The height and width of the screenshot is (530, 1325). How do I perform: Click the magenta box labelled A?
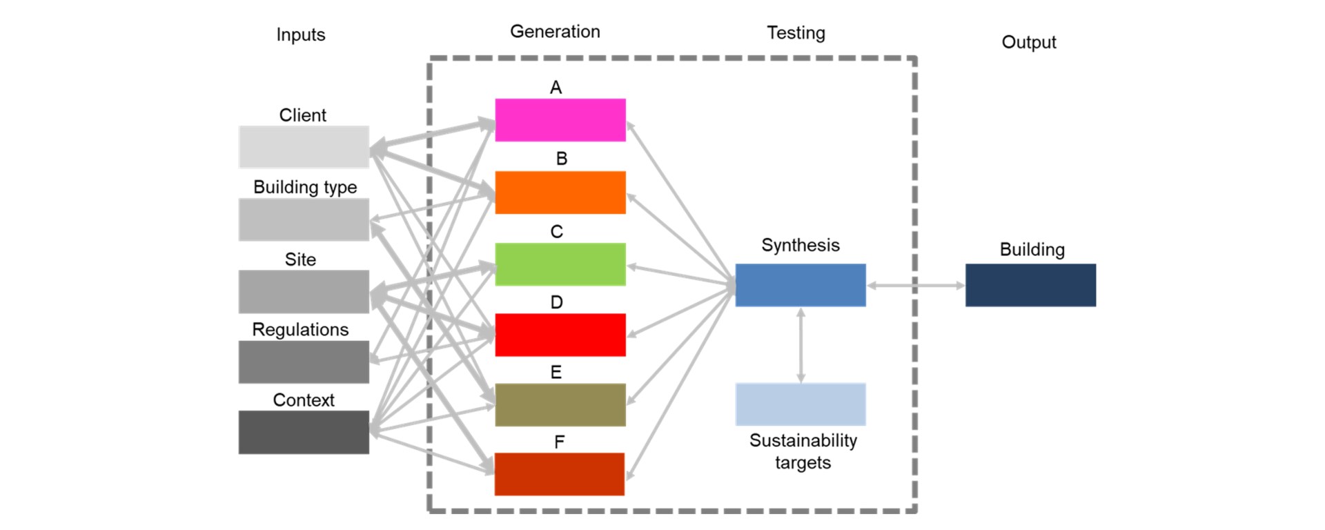(560, 120)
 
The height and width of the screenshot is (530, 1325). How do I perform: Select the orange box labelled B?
(560, 193)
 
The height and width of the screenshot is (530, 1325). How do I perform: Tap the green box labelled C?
(560, 264)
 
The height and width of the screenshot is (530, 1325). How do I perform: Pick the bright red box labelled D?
(560, 335)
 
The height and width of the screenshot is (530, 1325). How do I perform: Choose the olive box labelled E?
(560, 405)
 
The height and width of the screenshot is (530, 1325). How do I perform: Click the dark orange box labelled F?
(560, 474)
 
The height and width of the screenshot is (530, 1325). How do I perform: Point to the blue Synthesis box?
(801, 285)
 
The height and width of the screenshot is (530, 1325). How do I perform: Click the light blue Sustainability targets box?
(801, 404)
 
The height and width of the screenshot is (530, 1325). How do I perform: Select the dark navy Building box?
(1030, 285)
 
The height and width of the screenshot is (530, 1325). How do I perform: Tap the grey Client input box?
(304, 147)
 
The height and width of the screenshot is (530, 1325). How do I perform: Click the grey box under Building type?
(304, 219)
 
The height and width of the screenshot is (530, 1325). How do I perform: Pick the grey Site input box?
(304, 292)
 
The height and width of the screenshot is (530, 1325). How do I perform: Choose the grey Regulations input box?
(304, 362)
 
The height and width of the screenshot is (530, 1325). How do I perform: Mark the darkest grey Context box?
(304, 433)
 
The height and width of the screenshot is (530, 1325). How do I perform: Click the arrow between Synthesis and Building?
(916, 286)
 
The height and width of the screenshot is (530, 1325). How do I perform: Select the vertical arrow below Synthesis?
(801, 345)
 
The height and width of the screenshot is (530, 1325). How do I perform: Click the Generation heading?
(555, 32)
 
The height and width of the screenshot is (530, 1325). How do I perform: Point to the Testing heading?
(796, 33)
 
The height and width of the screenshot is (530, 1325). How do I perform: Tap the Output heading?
(1028, 42)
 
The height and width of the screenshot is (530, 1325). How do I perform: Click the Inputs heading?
(300, 35)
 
